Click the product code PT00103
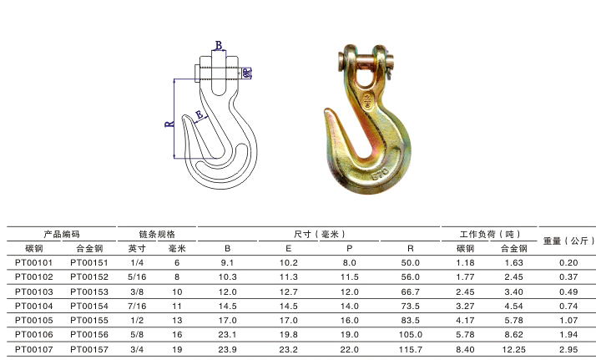[34, 292]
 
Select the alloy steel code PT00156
[89, 335]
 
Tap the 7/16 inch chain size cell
[137, 306]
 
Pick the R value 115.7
[411, 349]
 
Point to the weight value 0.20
[568, 262]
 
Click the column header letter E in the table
[289, 249]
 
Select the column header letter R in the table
[411, 249]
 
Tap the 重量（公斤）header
[568, 241]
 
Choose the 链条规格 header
[157, 234]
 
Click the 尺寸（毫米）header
[320, 234]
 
